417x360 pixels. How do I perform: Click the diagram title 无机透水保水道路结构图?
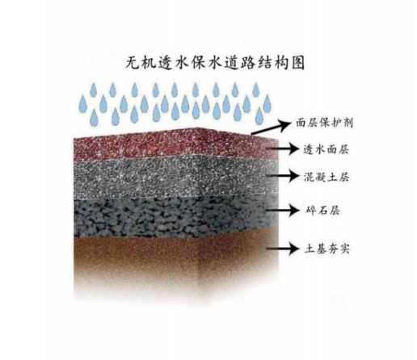[215, 63]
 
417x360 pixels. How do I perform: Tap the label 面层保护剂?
[324, 123]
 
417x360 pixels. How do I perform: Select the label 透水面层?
[326, 149]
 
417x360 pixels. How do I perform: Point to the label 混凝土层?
[326, 177]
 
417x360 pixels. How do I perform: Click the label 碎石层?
[322, 210]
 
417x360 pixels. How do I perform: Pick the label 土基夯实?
[326, 249]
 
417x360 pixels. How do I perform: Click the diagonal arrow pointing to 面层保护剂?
[272, 127]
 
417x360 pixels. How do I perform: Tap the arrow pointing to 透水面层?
[283, 149]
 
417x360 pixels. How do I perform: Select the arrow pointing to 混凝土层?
[283, 176]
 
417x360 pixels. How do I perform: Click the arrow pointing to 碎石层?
[283, 210]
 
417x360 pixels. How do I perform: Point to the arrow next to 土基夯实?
[283, 249]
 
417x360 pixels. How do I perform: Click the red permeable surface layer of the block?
[175, 145]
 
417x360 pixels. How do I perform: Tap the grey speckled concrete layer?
[175, 178]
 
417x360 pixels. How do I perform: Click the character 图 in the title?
[297, 63]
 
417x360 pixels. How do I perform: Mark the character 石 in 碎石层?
[322, 210]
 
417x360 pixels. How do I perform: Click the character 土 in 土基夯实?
[309, 249]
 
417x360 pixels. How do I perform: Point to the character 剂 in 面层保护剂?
[347, 123]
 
